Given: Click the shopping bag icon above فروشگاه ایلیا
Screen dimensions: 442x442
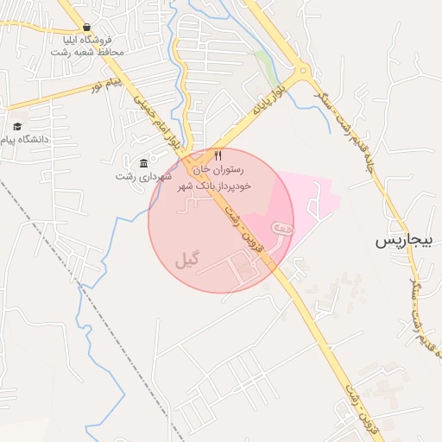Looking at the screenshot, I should tap(86, 27).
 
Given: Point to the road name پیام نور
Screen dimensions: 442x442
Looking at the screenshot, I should tap(108, 85).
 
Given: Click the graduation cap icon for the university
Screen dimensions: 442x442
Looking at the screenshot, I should tap(17, 126).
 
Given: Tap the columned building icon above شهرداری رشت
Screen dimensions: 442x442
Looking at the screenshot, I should tap(143, 163).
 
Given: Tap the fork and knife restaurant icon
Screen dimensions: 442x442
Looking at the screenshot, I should tap(218, 156).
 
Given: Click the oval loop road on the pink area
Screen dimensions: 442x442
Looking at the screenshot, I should tap(282, 229).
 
